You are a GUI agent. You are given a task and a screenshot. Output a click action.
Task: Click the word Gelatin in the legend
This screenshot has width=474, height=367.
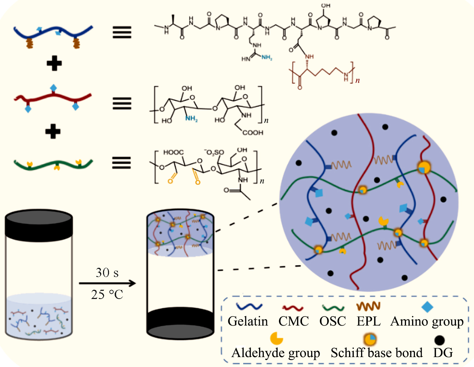click(x=248, y=321)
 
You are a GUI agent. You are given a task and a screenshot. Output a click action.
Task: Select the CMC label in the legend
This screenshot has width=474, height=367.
click(x=293, y=321)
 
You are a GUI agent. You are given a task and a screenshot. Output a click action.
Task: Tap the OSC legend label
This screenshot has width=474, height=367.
click(x=332, y=321)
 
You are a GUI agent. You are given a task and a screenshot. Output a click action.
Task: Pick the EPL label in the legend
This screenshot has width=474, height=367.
click(x=369, y=321)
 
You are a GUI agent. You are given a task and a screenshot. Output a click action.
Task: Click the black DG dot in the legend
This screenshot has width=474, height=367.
click(x=439, y=340)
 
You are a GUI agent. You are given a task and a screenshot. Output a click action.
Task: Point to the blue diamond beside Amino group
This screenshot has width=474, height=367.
click(x=427, y=307)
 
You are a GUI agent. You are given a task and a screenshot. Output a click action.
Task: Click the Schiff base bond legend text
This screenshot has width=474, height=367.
click(x=377, y=353)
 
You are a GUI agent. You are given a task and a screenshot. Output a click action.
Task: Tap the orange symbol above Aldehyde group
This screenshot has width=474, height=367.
click(x=276, y=339)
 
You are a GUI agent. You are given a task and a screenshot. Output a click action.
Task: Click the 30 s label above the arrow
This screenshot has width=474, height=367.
click(x=107, y=273)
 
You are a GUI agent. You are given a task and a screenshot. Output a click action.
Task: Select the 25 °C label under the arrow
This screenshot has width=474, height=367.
click(x=107, y=294)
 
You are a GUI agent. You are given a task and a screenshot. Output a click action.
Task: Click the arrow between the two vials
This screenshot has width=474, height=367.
click(x=107, y=283)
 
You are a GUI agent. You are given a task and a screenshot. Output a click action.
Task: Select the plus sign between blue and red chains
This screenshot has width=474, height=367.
click(x=54, y=64)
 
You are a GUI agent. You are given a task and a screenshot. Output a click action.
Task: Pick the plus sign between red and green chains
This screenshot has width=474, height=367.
click(x=53, y=132)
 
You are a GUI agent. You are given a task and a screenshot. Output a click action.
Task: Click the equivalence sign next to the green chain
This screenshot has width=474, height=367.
click(x=121, y=163)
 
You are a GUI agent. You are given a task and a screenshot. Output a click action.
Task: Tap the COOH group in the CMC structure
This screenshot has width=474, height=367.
click(x=253, y=132)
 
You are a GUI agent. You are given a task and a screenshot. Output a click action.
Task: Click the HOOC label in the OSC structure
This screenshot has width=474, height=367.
click(x=173, y=152)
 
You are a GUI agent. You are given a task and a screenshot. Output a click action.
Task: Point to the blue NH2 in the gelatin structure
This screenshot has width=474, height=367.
click(x=267, y=57)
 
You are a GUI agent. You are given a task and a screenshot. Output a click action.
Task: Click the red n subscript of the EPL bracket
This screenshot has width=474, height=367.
click(x=358, y=81)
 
